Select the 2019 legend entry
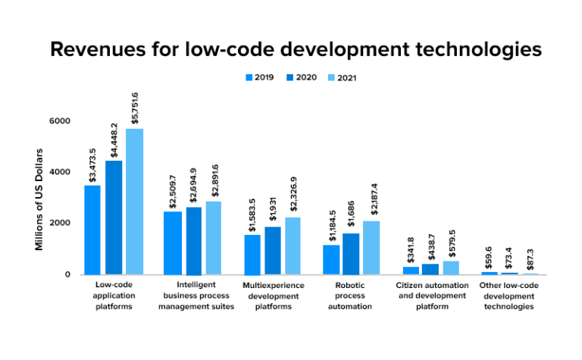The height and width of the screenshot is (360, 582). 258,77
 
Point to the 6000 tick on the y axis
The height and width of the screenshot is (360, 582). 59,121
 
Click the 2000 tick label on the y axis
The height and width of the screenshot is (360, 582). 59,223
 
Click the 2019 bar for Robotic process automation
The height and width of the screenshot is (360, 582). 331,259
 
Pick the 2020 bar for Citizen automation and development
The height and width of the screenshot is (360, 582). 430,268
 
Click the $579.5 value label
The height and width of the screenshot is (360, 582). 452,243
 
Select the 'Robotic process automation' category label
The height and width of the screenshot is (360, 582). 351,296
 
